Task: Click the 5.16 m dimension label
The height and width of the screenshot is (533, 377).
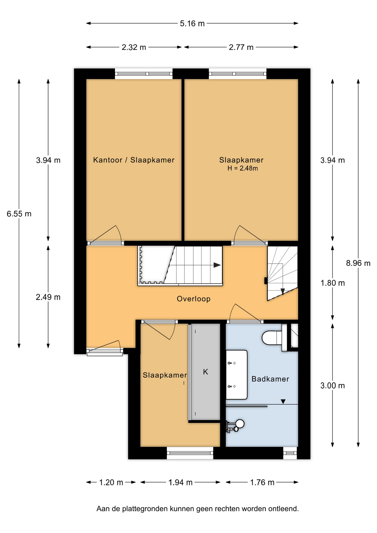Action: [192, 24]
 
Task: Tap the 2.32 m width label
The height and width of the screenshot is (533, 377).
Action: [134, 47]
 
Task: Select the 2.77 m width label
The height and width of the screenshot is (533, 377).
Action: [241, 47]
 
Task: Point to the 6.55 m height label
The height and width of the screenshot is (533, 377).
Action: [19, 214]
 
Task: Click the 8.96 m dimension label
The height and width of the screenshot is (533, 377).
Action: [358, 263]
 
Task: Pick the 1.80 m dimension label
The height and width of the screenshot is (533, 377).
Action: [333, 283]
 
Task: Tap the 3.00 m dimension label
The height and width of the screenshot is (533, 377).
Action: [333, 386]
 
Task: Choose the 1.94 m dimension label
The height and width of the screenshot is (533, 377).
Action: [180, 482]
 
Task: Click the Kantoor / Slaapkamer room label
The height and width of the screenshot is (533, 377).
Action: [134, 160]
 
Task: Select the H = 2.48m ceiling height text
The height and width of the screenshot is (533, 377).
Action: [243, 168]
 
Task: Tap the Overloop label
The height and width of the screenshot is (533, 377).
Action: [193, 299]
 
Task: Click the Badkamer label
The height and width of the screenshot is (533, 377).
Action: [270, 379]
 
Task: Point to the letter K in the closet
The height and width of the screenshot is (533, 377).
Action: [205, 372]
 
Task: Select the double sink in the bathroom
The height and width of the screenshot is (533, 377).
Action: [237, 375]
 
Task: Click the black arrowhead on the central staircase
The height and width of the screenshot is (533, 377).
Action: [217, 265]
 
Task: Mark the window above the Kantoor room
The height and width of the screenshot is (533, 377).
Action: [144, 74]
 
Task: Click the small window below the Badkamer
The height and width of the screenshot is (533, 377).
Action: [290, 453]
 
